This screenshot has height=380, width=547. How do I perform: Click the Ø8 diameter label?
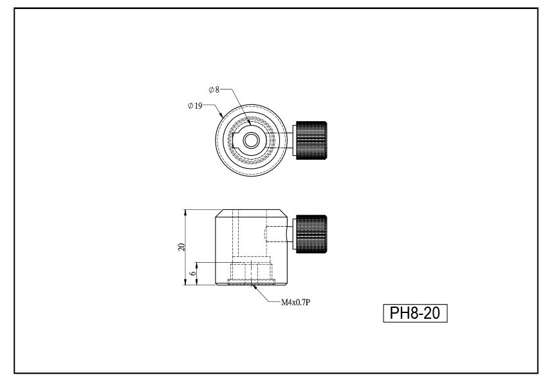pos(214,90)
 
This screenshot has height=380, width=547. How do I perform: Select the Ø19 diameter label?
pos(195,106)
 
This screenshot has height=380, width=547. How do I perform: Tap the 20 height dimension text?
pos(181,247)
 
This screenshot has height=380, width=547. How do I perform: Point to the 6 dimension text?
pos(193,273)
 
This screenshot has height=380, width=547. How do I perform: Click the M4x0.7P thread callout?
pos(295,302)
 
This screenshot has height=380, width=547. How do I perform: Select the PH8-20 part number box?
pos(415,313)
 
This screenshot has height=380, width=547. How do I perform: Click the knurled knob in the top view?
pos(311,140)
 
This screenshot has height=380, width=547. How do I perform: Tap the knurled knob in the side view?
pos(311,234)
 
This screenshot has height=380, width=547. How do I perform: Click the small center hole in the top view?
pos(250,140)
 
